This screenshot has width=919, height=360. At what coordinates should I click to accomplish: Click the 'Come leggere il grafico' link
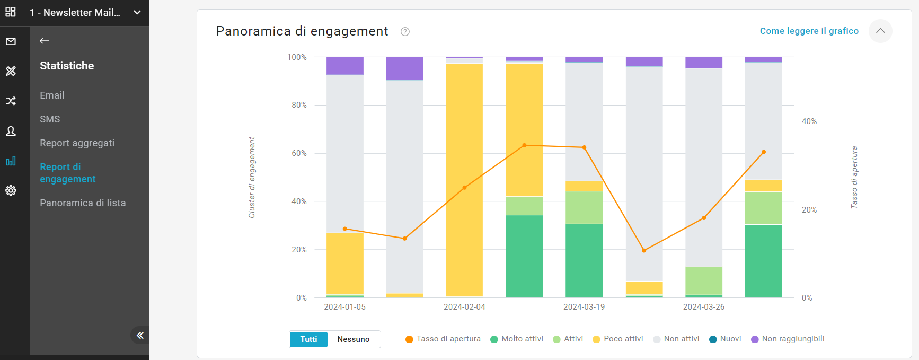(x=809, y=31)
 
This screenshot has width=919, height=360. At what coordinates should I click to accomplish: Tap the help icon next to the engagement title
(x=405, y=31)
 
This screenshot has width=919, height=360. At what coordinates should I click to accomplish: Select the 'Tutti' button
(x=308, y=339)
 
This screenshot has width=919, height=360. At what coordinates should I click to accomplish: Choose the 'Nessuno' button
(x=354, y=339)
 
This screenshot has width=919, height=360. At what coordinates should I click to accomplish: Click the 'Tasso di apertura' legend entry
(x=443, y=339)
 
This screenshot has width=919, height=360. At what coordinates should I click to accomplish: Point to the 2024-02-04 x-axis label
(x=464, y=307)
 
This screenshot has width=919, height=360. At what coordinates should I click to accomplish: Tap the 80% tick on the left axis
(x=299, y=105)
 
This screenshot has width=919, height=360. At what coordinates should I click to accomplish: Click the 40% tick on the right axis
(x=809, y=121)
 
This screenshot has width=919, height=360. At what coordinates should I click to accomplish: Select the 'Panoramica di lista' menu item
(x=83, y=203)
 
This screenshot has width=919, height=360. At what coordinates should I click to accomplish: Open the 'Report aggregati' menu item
(x=77, y=143)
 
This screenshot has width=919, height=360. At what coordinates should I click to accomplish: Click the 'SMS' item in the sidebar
(x=50, y=119)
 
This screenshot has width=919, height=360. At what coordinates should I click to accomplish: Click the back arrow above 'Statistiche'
(x=45, y=41)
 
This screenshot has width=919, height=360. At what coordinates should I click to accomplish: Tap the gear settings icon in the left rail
(x=11, y=190)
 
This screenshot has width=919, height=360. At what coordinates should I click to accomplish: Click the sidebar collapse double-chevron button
(x=140, y=335)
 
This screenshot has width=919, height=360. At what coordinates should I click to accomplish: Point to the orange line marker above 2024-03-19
(x=584, y=147)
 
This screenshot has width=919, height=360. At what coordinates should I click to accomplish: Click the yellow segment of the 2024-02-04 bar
(x=464, y=180)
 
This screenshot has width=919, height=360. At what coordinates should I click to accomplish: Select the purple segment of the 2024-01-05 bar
(x=345, y=66)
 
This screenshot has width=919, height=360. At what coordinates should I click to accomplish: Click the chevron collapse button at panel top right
(x=880, y=31)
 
